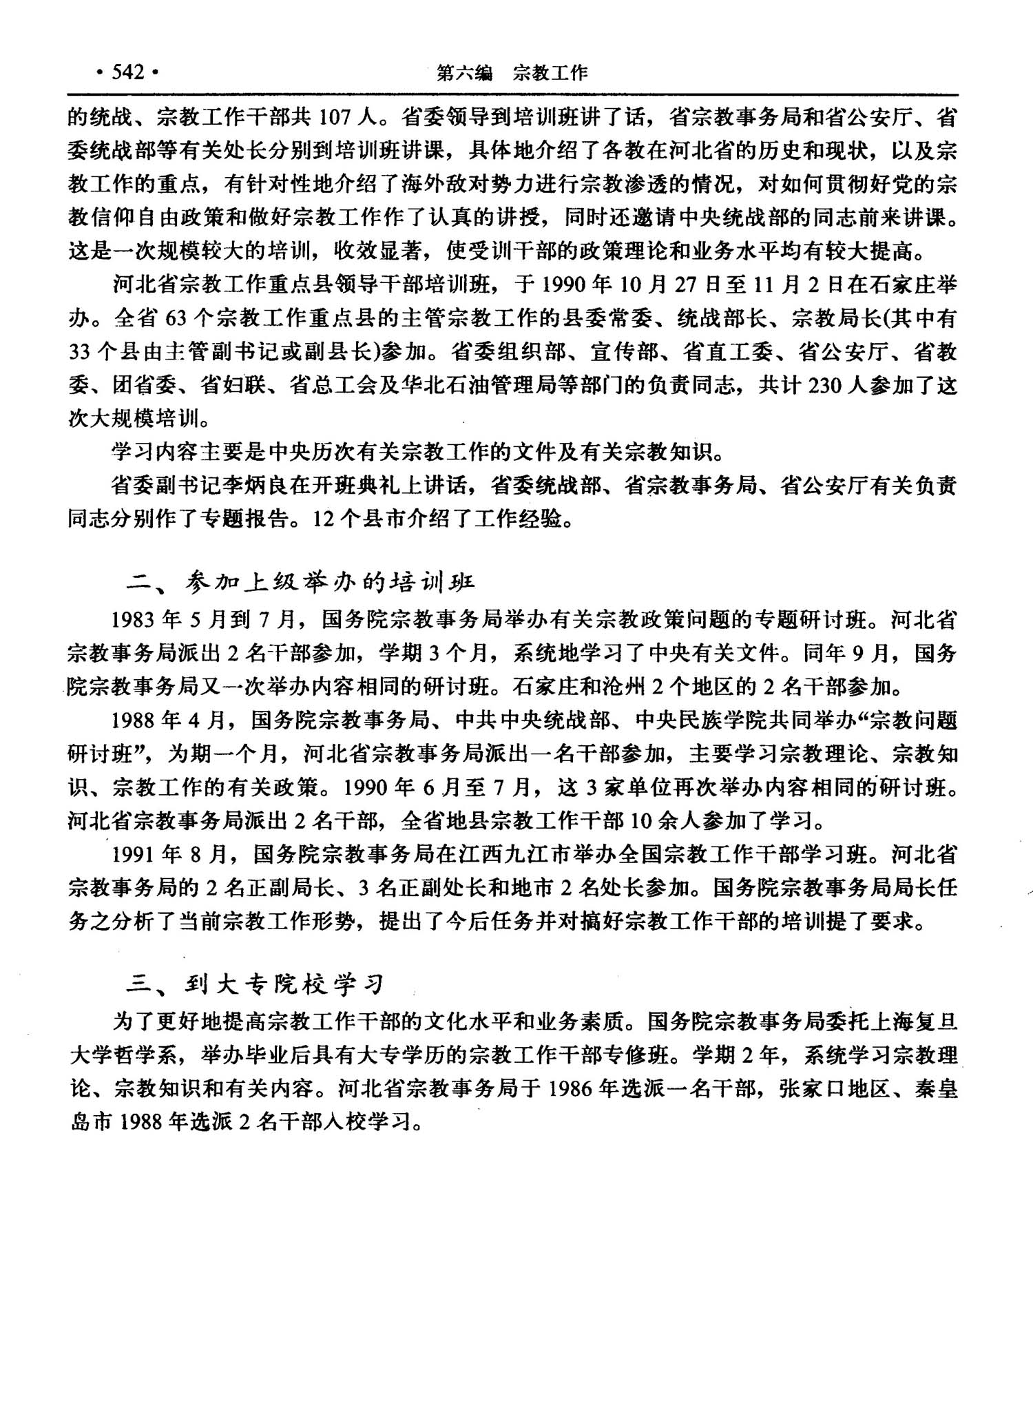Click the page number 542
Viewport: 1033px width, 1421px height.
point(128,72)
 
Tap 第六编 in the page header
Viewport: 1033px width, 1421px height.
point(465,72)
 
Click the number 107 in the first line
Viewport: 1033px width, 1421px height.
point(335,117)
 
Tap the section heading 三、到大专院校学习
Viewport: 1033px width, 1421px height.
point(255,985)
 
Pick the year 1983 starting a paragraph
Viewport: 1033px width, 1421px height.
point(133,619)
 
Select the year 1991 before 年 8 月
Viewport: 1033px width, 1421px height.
point(133,854)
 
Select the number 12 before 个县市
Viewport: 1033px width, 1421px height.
point(323,519)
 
